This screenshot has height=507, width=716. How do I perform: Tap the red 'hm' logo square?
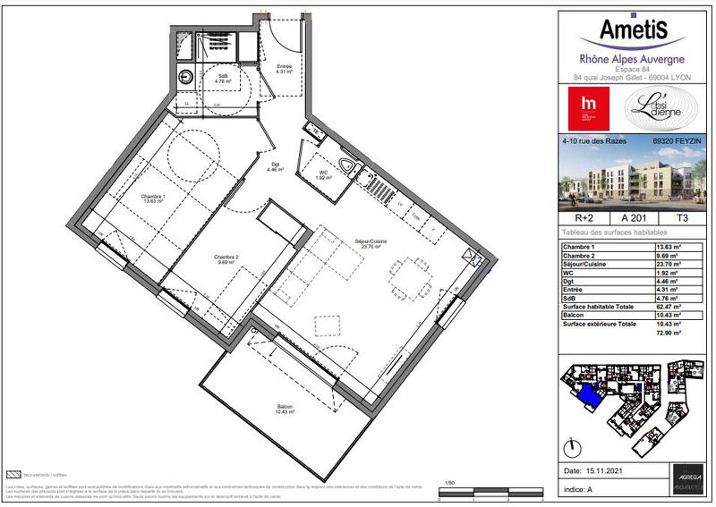(x=587, y=110)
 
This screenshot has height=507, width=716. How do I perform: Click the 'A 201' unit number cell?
(x=628, y=217)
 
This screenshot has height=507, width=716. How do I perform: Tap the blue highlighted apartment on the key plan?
(x=585, y=392)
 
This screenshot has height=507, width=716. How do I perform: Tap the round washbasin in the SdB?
(x=187, y=78)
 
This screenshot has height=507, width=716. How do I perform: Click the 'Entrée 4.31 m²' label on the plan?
(x=285, y=70)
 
